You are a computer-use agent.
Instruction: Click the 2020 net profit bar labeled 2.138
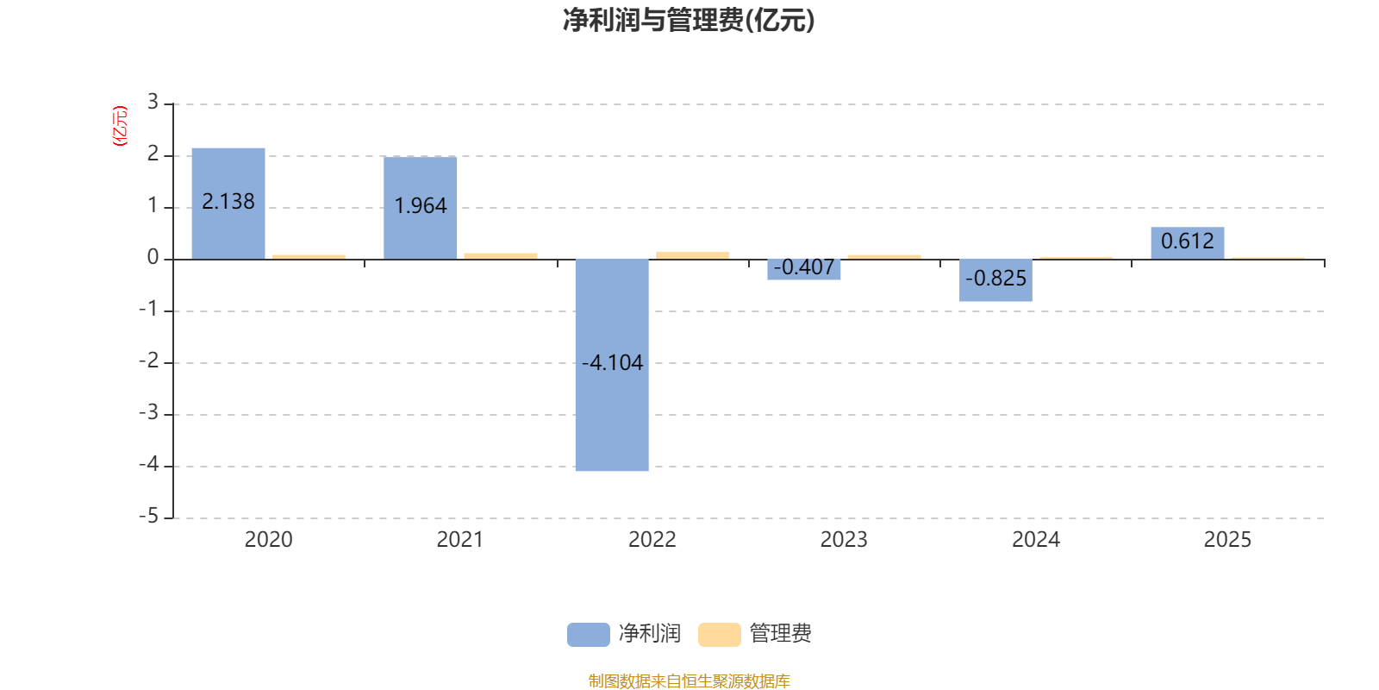[x=228, y=203]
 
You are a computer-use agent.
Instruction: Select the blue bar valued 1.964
[x=421, y=207]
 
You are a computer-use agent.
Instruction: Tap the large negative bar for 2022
[x=612, y=365]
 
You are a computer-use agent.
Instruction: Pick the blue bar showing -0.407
[x=804, y=269]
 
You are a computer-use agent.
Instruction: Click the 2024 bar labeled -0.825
[x=995, y=280]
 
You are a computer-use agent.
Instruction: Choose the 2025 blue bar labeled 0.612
[x=1187, y=242]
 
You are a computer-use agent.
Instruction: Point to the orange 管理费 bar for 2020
[x=309, y=256]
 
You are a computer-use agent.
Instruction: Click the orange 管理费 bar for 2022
[x=692, y=255]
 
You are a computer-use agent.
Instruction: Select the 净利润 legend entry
[x=625, y=634]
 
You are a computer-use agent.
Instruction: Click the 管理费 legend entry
[x=756, y=634]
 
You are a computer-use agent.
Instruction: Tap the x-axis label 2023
[x=844, y=540]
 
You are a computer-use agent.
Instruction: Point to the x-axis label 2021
[x=460, y=540]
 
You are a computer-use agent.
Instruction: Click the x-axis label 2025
[x=1227, y=540]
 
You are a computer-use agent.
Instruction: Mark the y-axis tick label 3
[x=153, y=103]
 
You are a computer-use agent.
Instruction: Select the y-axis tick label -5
[x=149, y=517]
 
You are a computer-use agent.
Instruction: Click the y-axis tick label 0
[x=153, y=258]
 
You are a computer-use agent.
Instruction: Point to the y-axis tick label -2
[x=149, y=361]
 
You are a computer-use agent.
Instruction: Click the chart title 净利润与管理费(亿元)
[x=689, y=21]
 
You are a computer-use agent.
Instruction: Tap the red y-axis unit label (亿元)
[x=120, y=126]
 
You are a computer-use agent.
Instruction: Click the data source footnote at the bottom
[x=689, y=681]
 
